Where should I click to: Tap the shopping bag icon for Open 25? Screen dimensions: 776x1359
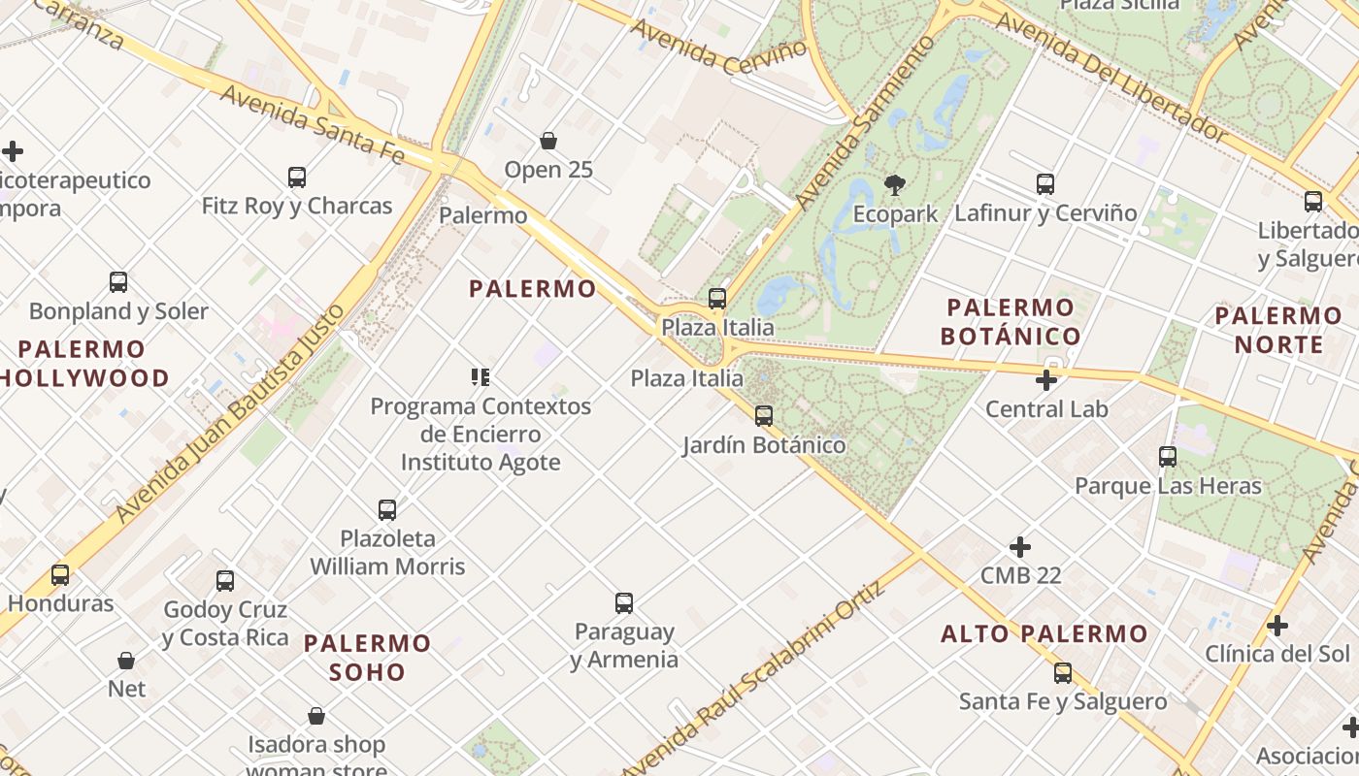pos(548,141)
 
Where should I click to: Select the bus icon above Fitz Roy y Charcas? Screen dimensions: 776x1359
pos(297,178)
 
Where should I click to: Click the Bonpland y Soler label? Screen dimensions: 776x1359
pos(118,311)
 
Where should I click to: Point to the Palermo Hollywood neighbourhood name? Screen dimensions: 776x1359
pos(82,364)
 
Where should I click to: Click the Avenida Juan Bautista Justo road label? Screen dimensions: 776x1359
pos(230,414)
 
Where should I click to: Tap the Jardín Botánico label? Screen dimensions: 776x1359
pos(764,445)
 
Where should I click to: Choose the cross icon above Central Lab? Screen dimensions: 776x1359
pos(1046,380)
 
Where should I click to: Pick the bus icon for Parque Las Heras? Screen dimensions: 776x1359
pos(1168,457)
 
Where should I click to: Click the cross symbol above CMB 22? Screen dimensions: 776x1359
pos(1020,547)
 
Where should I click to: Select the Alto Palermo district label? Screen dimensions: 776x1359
pos(1044,634)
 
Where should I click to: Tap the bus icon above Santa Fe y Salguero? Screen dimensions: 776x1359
pos(1063,673)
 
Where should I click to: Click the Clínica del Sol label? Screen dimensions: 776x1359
pos(1277,654)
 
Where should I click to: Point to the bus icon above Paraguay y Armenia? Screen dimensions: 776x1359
pos(624,603)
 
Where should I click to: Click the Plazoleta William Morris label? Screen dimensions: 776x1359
pos(388,552)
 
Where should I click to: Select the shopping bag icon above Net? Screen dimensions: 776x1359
pos(126,661)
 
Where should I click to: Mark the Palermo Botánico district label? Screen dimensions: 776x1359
pos(1011,322)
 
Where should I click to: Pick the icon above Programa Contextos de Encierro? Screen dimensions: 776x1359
pos(481,377)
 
